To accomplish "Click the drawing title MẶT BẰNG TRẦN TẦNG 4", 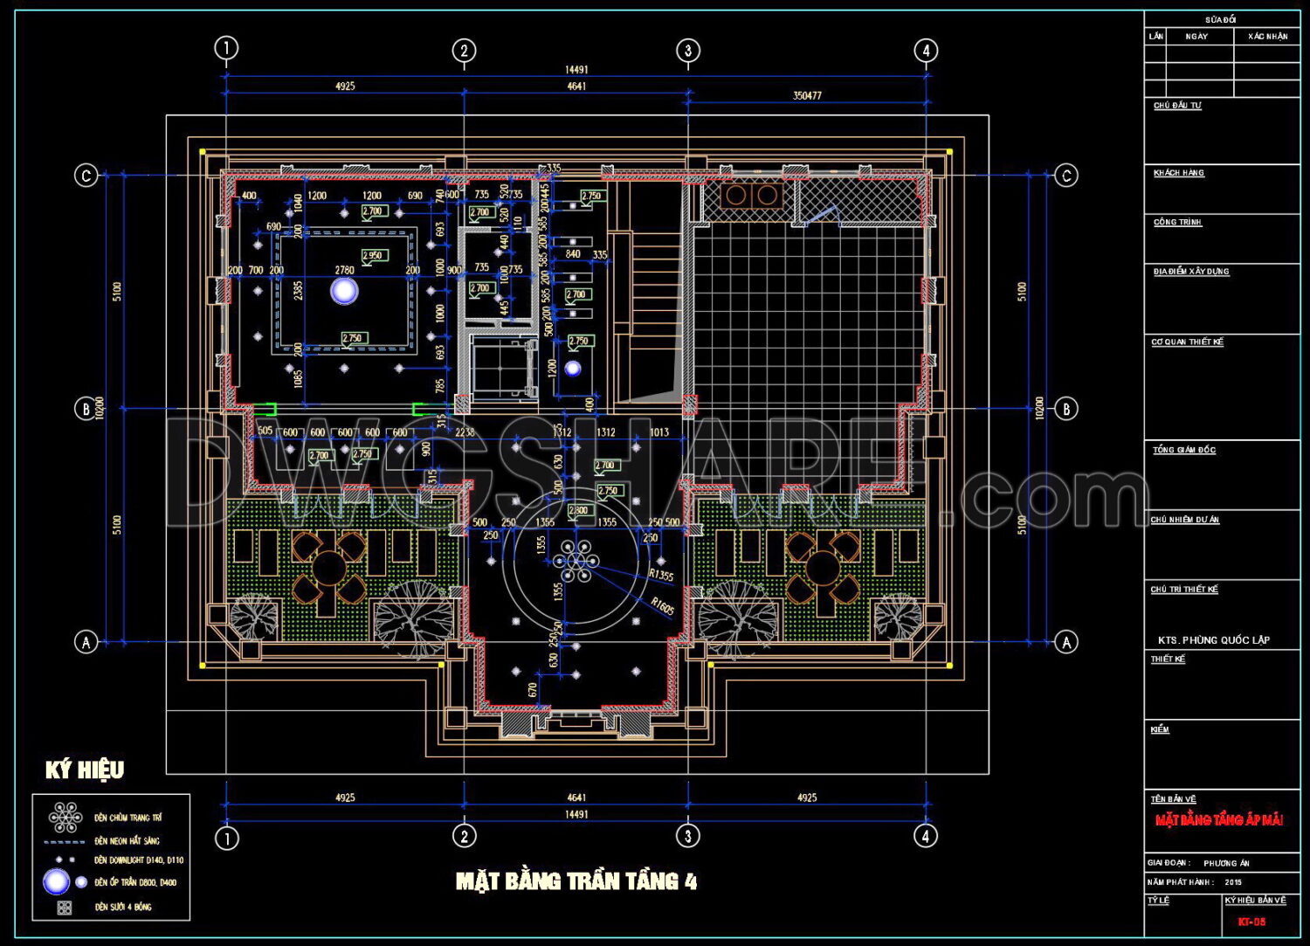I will (x=576, y=881).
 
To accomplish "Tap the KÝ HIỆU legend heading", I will (x=85, y=770).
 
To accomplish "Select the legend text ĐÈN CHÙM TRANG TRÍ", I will (x=128, y=818).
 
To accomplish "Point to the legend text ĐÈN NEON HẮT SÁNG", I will (x=128, y=840).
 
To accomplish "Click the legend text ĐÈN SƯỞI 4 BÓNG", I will (x=123, y=907).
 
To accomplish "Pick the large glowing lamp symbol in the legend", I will (x=57, y=882).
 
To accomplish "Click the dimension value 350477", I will (x=806, y=95).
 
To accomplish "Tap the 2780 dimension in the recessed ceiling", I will (x=345, y=270).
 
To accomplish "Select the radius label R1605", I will (x=663, y=604).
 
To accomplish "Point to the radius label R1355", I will (x=661, y=575).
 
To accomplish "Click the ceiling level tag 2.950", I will (x=374, y=256).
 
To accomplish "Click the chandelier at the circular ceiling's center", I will (x=576, y=561).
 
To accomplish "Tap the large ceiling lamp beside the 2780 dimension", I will (x=344, y=291).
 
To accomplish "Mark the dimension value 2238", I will (x=465, y=432).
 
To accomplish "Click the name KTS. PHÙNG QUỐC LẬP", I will (x=1213, y=639).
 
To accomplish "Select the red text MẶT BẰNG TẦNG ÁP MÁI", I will (x=1218, y=820).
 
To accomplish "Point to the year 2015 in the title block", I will (x=1233, y=882).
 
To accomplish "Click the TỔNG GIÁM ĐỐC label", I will (x=1183, y=450).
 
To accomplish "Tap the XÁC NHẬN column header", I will (x=1267, y=37).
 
